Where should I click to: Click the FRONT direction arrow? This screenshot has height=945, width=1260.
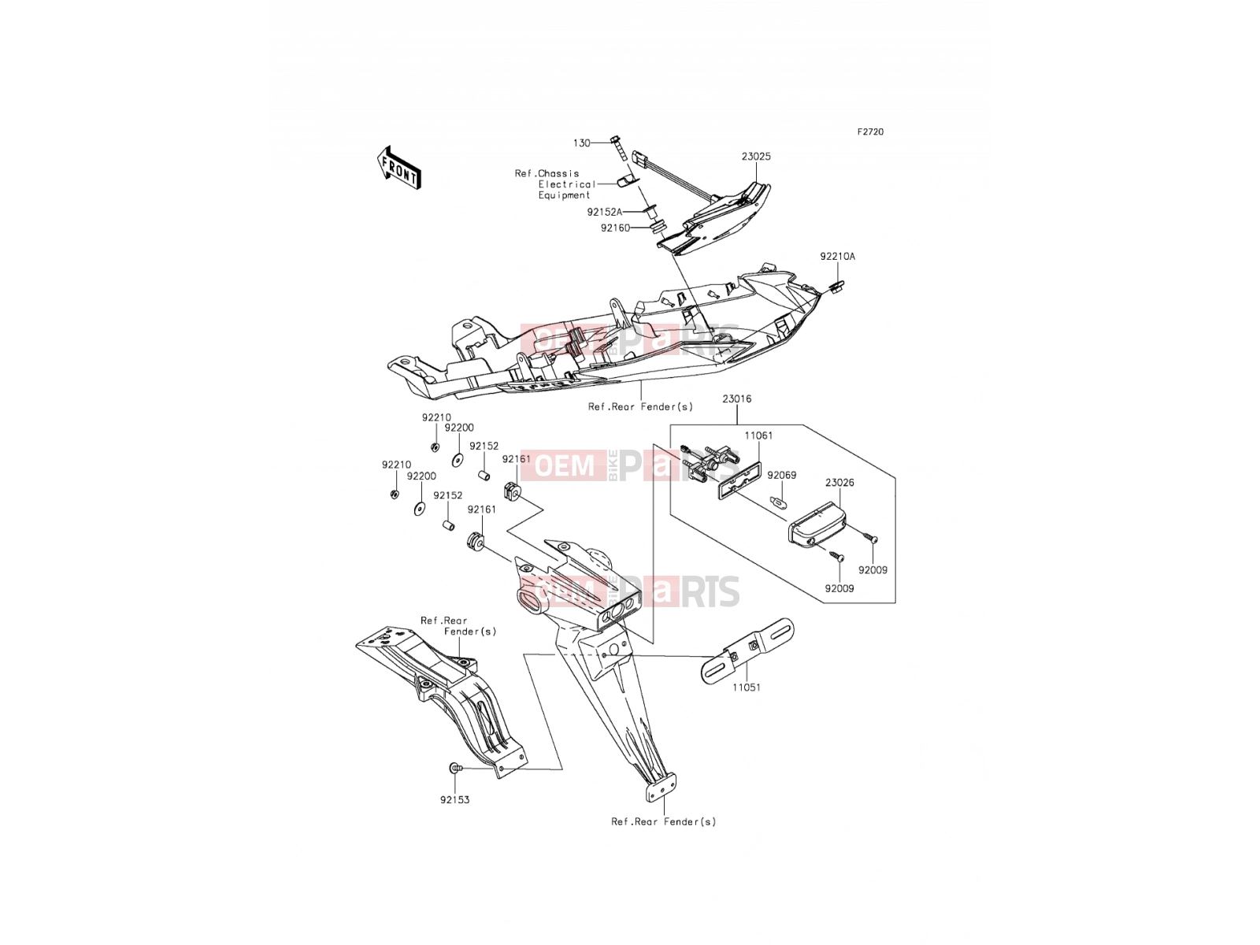coord(399,168)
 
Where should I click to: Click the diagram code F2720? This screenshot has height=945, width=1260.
coord(870,132)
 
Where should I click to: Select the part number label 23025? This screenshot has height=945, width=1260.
coord(756,157)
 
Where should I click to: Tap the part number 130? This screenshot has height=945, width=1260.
coord(581,143)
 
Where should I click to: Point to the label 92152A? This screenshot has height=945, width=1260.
coord(605,213)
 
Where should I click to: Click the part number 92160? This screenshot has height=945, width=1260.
coord(615,228)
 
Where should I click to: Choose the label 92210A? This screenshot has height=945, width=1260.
coord(838,257)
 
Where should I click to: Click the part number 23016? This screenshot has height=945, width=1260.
coord(736,398)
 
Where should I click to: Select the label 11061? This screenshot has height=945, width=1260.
coord(758,435)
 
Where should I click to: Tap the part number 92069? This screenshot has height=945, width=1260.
coord(782,476)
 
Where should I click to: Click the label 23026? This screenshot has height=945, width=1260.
coord(839,483)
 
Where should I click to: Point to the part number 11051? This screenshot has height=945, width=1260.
coord(746,687)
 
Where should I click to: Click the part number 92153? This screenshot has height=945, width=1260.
coord(454,800)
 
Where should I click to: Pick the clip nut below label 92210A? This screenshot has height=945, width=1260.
coord(836,286)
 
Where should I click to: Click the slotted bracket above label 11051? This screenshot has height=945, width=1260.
coord(748,650)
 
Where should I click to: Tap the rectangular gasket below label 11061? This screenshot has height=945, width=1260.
coord(739,480)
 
